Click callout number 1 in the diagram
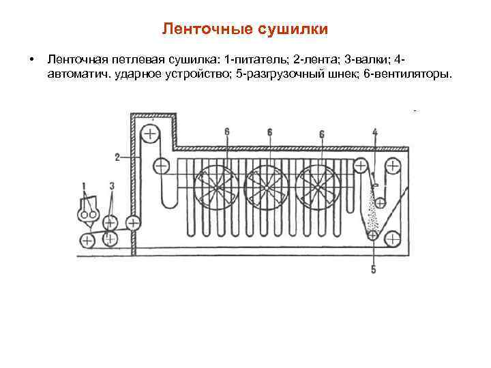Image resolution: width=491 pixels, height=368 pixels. pyautogui.click(x=83, y=185)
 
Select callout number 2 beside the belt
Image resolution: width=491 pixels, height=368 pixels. pyautogui.click(x=117, y=157)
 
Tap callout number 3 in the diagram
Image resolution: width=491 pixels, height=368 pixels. pyautogui.click(x=111, y=185)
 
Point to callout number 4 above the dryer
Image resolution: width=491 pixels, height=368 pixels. pyautogui.click(x=374, y=132)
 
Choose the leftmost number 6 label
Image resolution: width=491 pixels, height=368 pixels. pyautogui.click(x=226, y=132)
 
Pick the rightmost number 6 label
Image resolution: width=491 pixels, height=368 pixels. pyautogui.click(x=321, y=134)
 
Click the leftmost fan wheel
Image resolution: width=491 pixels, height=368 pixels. pyautogui.click(x=217, y=186)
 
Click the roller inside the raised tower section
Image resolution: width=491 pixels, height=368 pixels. pyautogui.click(x=149, y=132)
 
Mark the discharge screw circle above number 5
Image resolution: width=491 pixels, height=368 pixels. pyautogui.click(x=374, y=236)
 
